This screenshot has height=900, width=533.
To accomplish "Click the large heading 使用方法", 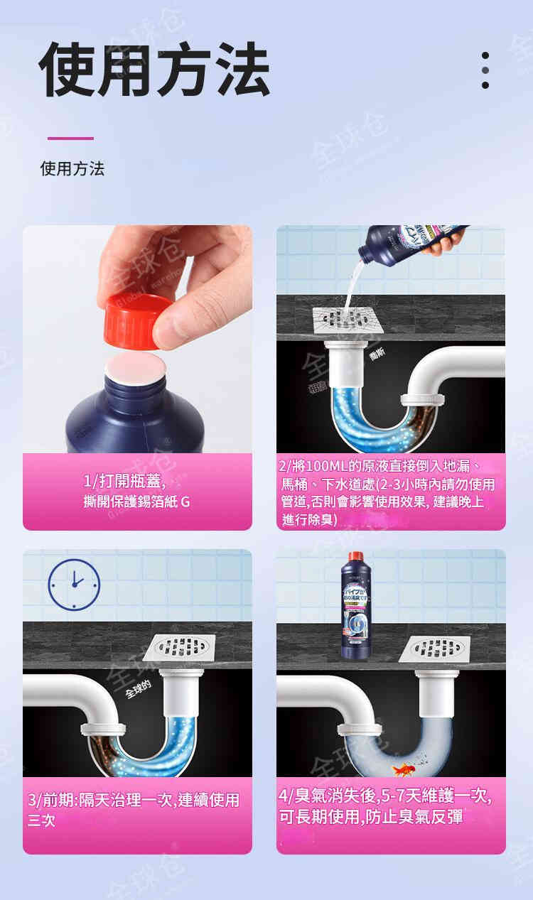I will [x=154, y=70].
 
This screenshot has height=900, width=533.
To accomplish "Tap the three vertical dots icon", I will [x=485, y=70].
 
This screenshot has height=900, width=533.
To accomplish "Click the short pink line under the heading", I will [x=70, y=139].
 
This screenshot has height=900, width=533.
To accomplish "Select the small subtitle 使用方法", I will [x=72, y=169].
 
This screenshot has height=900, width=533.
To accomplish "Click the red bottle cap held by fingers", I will [x=137, y=320].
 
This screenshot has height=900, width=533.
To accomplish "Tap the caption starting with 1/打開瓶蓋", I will [x=136, y=492].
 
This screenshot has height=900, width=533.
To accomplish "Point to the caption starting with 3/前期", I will [x=134, y=810].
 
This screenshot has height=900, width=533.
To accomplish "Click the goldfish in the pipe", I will [x=404, y=769].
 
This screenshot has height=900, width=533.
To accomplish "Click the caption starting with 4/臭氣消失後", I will [x=384, y=807].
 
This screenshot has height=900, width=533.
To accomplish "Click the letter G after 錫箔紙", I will [x=185, y=501].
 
